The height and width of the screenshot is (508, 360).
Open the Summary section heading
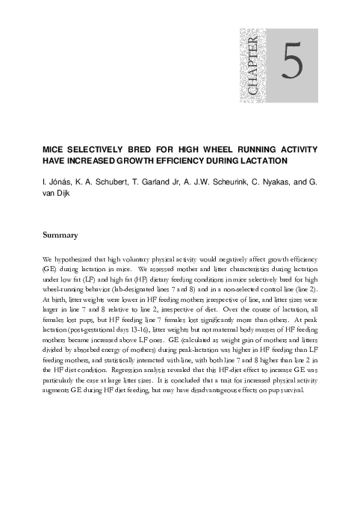click(x=60, y=235)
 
